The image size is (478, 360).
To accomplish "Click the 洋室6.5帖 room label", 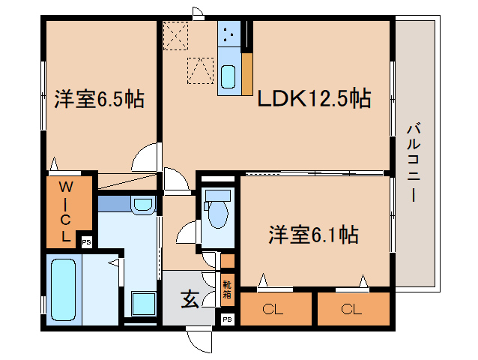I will [99, 99].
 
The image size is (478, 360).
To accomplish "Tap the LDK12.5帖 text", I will [314, 98].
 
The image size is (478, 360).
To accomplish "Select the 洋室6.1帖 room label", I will [313, 235].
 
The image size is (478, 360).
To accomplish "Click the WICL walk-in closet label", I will [67, 211].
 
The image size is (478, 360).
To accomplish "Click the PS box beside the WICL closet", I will [86, 241].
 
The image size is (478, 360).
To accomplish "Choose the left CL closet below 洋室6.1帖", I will [274, 309].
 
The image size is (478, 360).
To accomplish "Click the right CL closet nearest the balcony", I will [353, 309].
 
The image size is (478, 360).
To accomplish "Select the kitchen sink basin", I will [229, 76].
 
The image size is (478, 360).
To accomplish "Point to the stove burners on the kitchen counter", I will [229, 32].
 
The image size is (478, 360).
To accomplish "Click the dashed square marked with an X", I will [176, 34].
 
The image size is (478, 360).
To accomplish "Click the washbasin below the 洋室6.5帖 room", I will [141, 204].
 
